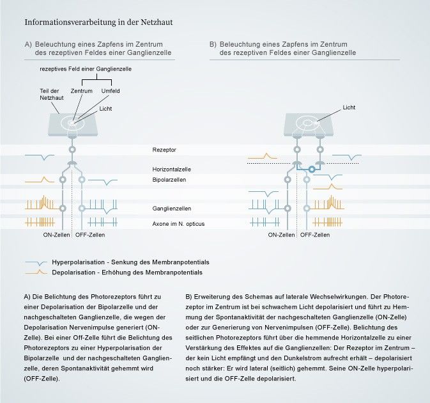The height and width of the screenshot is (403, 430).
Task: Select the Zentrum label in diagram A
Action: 82,91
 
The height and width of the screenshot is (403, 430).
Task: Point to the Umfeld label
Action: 110,91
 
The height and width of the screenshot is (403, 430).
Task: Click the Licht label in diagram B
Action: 349,107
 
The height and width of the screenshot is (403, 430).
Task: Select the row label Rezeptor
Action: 164,150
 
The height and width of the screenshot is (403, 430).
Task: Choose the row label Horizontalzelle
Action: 171,170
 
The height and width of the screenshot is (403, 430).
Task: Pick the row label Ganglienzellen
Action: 171,209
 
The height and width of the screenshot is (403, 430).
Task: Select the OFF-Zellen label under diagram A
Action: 89,235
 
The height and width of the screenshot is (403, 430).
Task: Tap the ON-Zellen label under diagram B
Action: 281,235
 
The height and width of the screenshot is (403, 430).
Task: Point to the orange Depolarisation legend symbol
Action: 36,273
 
